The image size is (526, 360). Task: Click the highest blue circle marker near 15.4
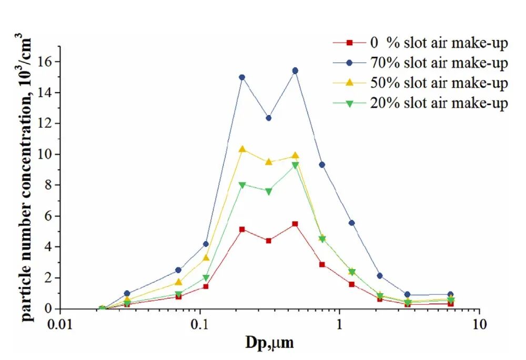click(x=295, y=70)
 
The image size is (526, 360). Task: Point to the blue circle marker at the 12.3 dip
click(x=268, y=118)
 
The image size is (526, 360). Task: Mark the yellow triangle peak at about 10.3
click(x=242, y=149)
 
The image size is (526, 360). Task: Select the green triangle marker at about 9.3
click(x=295, y=165)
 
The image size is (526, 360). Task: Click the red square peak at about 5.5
click(x=295, y=224)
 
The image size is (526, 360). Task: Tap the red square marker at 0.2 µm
click(x=242, y=229)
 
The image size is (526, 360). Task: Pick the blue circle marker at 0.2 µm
click(x=242, y=77)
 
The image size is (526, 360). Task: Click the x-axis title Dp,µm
click(x=270, y=343)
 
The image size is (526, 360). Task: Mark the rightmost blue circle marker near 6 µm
click(x=450, y=295)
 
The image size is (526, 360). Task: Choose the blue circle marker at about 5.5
click(x=352, y=223)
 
